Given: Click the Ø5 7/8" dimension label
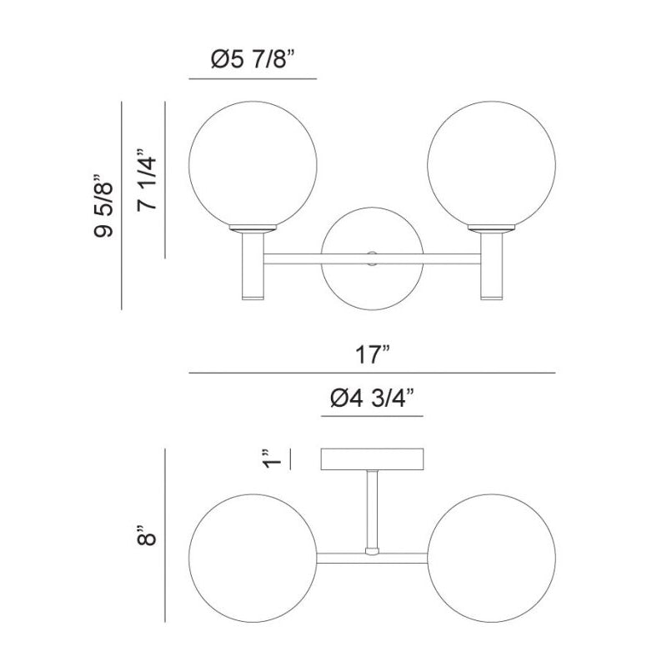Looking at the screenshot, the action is coord(253,59).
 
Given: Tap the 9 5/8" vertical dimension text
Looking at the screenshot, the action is coord(103,205).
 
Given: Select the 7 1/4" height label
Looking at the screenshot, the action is coord(147,179).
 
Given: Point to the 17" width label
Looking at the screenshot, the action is coord(373,355).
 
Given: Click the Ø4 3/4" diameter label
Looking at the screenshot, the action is coord(372,399).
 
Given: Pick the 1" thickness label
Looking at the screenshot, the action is coord(272,458).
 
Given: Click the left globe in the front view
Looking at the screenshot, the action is coord(253,164).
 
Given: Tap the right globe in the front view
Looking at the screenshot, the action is coord(491,164).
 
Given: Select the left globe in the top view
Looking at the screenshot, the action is coord(253,558).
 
